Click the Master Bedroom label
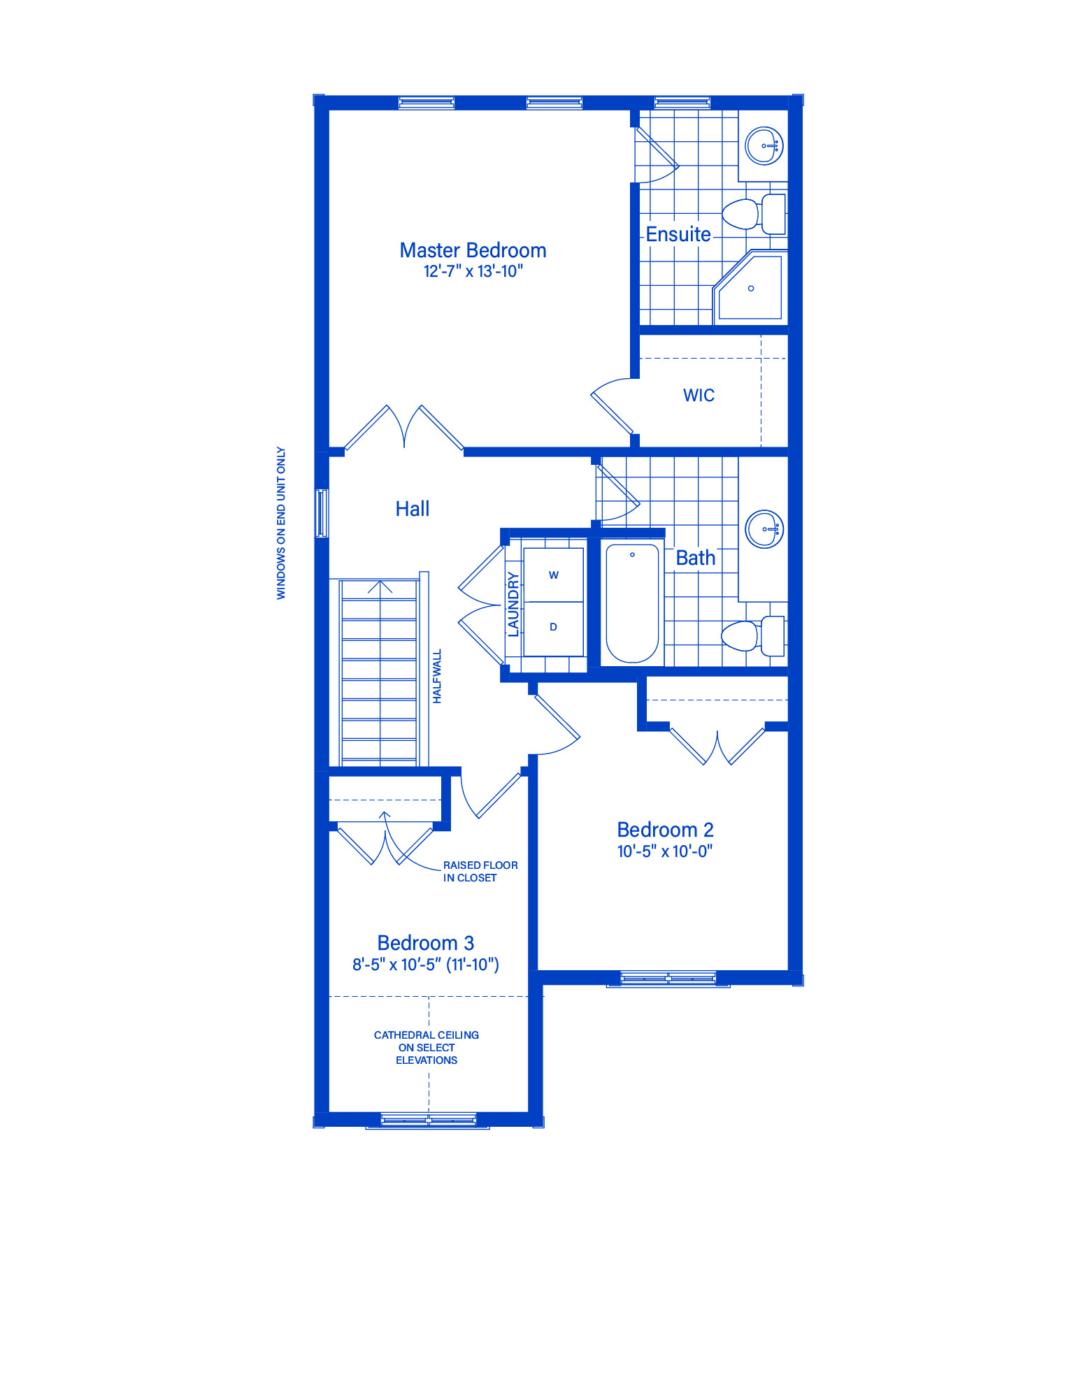point(473,250)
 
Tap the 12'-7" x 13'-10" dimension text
point(473,271)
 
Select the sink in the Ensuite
point(764,145)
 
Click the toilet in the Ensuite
point(754,214)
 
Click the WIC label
point(699,395)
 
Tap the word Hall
point(412,509)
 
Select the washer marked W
point(553,575)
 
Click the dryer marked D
point(553,628)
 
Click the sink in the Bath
point(764,529)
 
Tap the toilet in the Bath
point(753,636)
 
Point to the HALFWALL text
point(437,676)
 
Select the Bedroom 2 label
point(665,830)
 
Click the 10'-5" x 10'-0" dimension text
point(664,851)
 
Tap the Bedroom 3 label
point(425,943)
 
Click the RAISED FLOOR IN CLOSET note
point(480,872)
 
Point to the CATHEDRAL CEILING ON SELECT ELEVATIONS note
point(427,1047)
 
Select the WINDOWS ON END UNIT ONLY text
point(281,523)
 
